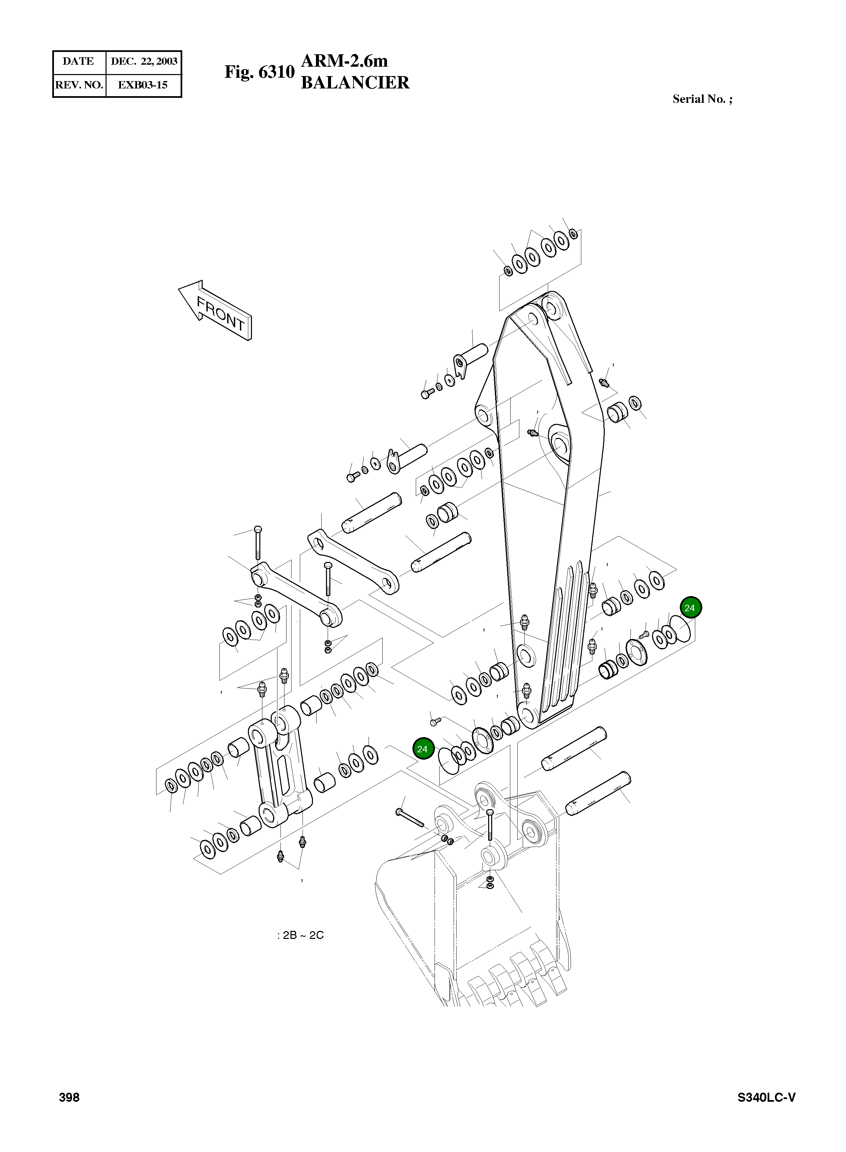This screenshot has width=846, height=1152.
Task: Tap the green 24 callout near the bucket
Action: click(x=422, y=749)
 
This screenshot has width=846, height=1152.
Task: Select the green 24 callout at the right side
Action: click(x=690, y=608)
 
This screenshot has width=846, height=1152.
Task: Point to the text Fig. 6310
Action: click(x=259, y=72)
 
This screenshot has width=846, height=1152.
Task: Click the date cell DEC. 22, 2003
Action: click(x=144, y=61)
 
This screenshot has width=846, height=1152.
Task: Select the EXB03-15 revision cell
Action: click(x=143, y=85)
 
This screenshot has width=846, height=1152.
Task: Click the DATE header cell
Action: click(x=78, y=61)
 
